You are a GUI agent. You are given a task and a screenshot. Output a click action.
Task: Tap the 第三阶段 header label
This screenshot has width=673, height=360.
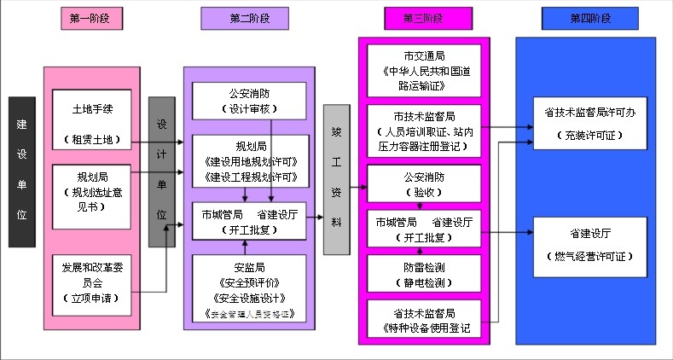(424, 18)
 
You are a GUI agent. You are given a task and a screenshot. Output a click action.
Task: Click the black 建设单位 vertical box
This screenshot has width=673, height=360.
(22, 171)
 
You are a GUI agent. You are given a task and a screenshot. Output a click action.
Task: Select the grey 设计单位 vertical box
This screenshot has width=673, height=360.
(161, 171)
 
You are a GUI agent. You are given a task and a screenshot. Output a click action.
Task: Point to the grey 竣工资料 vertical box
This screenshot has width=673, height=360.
(336, 180)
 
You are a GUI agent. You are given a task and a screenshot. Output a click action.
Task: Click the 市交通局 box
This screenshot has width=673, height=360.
(423, 71)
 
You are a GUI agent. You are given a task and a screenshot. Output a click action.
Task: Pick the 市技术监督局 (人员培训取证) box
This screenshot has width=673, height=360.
(423, 131)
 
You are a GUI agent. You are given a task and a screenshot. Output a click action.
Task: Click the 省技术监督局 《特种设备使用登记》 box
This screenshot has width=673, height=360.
(423, 320)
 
